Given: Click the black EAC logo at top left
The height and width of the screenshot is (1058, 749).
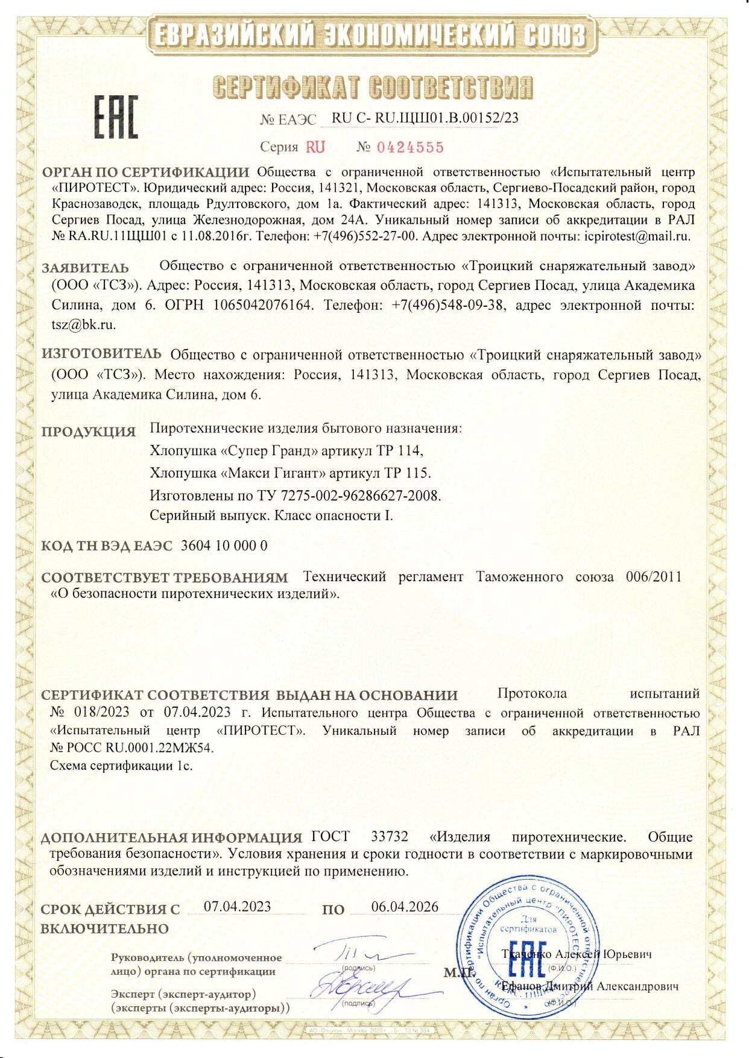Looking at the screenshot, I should tap(115, 116).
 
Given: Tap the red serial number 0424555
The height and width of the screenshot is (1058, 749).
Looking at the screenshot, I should tap(410, 148).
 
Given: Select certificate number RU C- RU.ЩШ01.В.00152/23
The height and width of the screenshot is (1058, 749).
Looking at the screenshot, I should tap(425, 118).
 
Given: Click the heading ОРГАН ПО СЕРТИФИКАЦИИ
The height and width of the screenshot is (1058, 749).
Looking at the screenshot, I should tap(145, 173).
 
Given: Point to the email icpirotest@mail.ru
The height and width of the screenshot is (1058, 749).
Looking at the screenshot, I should tap(637, 236).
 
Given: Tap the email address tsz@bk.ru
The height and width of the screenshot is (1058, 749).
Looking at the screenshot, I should tap(83, 324).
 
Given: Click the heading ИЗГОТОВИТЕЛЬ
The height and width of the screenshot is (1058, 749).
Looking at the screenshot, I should tap(101, 354).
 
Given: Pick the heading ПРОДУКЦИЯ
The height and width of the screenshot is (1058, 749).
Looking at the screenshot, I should tap(89, 432).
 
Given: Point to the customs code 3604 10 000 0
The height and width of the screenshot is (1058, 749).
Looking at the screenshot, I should tap(224, 546).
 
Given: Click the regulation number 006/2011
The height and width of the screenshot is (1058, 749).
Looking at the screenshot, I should tap(653, 577).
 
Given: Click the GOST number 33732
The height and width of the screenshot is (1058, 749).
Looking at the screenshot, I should tap(389, 837).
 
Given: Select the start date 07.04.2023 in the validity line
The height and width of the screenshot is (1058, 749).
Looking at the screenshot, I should tap(237, 907).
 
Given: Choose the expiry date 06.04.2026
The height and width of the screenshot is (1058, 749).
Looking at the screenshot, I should tap(405, 907).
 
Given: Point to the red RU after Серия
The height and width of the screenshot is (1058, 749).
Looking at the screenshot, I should tap(315, 148).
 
